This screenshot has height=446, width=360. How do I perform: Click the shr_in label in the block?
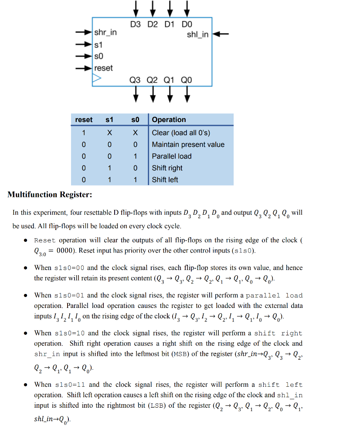click(105, 33)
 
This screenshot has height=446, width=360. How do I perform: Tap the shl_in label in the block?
click(197, 34)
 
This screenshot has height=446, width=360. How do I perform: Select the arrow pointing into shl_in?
click(221, 34)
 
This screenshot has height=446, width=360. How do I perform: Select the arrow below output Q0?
click(187, 93)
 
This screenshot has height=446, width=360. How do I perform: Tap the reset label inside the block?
click(103, 68)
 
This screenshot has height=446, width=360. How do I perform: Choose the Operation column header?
click(169, 120)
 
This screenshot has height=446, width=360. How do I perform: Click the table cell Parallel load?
click(171, 156)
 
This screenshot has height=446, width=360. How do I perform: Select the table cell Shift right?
click(167, 168)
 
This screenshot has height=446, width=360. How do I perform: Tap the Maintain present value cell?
click(188, 145)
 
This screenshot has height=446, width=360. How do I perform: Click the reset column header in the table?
click(84, 120)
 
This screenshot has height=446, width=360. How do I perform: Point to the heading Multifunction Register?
click(50, 195)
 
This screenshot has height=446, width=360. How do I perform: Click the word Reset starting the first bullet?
click(45, 240)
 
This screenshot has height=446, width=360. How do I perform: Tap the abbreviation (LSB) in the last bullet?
click(158, 405)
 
